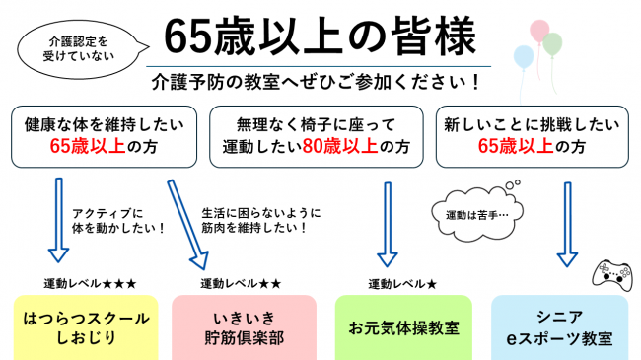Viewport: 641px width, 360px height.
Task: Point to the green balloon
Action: pos(552,43)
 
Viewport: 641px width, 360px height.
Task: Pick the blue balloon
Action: pos(524,55)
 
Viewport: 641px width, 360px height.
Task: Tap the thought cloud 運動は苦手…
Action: pos(469,210)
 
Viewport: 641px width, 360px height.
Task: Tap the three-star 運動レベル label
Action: pos(90,283)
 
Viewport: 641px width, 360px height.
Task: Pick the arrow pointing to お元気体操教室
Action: pos(387,222)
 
